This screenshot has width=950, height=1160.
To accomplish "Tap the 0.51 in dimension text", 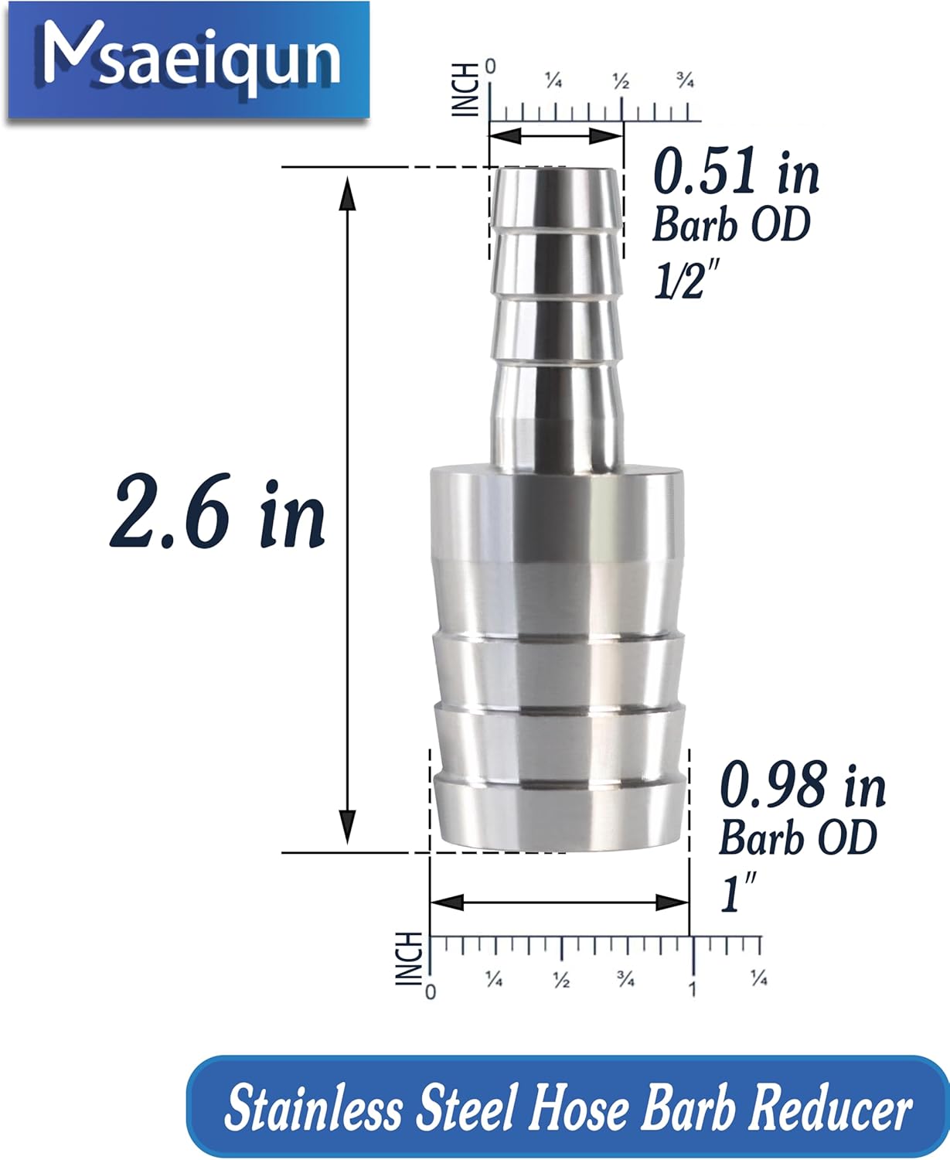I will [735, 173].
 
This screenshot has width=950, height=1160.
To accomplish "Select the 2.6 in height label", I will [217, 513].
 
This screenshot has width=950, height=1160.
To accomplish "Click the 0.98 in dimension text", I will [802, 786].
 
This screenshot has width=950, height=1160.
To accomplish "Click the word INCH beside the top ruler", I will [465, 90].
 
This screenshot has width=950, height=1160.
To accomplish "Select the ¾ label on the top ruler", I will [685, 80].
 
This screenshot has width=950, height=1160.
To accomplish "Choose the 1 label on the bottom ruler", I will [693, 988].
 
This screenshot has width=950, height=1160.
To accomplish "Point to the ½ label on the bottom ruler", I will [561, 979].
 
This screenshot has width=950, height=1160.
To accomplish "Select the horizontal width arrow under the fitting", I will [559, 902].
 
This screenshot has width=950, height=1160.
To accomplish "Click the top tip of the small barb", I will [556, 172].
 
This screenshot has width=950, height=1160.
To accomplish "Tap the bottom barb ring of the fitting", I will [559, 812].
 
